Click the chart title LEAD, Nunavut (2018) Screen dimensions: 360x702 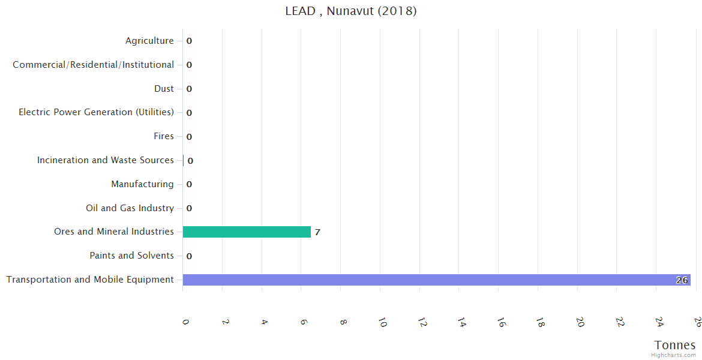pos(350,11)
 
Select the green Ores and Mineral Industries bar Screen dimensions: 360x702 pos(247,232)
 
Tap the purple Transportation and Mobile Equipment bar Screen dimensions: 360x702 pos(436,280)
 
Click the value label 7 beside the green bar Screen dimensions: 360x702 pos(317,232)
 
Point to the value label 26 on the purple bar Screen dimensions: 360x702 pos(682,280)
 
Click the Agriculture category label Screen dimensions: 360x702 pos(149,41)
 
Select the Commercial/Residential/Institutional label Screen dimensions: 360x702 pos(94,65)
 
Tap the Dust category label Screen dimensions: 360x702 pos(164,89)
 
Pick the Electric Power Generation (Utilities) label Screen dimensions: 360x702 pos(97,112)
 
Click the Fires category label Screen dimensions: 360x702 pos(164,136)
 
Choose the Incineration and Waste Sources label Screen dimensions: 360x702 pos(106,160)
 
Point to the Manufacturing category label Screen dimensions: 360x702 pos(142,184)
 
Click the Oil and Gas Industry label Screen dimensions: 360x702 pos(130,208)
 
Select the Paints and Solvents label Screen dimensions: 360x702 pos(131,256)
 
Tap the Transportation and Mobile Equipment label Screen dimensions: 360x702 pos(90,280)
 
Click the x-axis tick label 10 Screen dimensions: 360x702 pos(382,323)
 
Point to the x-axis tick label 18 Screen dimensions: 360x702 pos(540,323)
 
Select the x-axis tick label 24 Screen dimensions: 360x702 pos(658,323)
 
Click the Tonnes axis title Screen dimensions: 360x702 pos(675,345)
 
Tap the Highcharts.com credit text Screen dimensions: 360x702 pos(674,355)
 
